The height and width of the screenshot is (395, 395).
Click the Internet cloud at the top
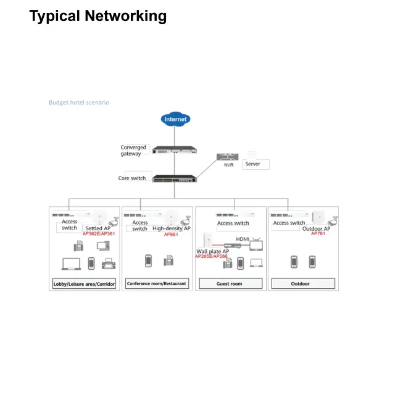pos(175,119)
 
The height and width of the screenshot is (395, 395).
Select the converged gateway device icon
pos(175,151)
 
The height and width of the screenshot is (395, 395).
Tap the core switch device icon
pos(175,177)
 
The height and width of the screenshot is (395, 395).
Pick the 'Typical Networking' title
pos(98,16)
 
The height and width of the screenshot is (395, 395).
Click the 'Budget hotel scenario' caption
pos(79,102)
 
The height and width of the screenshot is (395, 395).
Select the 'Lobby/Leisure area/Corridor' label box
pos(83,284)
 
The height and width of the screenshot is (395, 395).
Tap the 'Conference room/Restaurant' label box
pos(157,284)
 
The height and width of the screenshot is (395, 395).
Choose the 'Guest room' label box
pos(230,284)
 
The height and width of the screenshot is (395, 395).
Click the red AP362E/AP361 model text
pos(99,234)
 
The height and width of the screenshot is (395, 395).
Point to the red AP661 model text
pos(171,235)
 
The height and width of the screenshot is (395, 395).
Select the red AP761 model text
pos(318,234)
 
